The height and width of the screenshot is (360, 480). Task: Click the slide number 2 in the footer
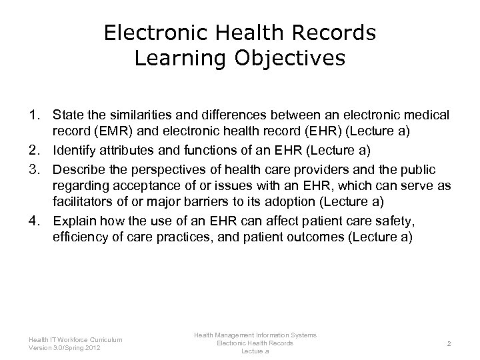(451, 343)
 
